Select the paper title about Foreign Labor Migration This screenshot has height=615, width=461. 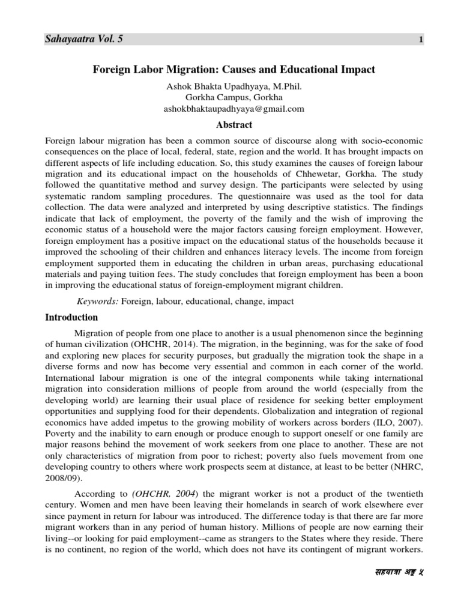coord(234,70)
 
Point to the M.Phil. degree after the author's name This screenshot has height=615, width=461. coord(286,86)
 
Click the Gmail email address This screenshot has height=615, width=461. coord(234,109)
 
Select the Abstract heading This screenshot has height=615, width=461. coord(234,125)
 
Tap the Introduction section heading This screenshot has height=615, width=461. coord(72,317)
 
